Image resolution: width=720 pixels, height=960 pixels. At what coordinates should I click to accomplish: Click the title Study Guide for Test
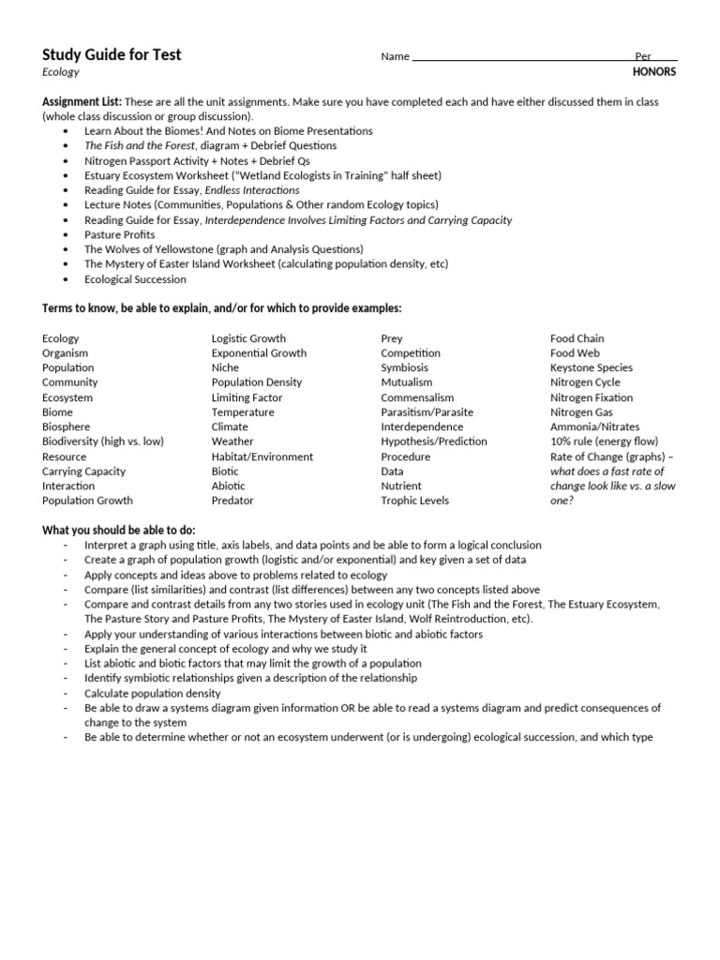tap(112, 54)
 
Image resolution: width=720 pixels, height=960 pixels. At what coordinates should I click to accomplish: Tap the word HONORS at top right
tap(655, 72)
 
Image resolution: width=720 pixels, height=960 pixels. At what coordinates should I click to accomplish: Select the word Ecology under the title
tap(61, 72)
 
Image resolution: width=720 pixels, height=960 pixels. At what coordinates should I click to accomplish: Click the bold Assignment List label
tap(82, 101)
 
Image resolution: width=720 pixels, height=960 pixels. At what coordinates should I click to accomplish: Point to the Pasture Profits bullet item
tap(119, 234)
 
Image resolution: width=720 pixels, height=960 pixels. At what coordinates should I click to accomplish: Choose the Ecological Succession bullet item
tap(135, 279)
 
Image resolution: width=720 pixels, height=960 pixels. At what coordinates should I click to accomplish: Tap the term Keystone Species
tap(591, 368)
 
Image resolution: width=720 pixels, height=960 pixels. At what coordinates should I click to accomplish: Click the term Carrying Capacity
tap(83, 472)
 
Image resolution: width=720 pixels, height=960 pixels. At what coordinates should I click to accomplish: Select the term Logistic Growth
tap(248, 338)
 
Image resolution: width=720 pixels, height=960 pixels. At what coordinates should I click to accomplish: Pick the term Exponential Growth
tap(259, 353)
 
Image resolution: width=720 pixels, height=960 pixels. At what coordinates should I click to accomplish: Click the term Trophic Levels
tap(414, 501)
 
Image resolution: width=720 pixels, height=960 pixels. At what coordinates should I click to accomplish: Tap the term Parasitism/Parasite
tap(427, 412)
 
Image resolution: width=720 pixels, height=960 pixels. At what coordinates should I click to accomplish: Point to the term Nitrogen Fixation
tap(591, 397)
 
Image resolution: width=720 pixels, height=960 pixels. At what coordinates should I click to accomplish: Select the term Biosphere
tap(66, 427)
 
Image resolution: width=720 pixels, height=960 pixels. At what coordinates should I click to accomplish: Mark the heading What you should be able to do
tap(118, 531)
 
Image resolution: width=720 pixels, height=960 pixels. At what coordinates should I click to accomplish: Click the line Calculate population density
tap(156, 693)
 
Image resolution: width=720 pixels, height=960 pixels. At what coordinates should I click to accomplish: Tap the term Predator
tap(232, 501)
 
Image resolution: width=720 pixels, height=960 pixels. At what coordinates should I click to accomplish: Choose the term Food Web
tap(575, 353)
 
